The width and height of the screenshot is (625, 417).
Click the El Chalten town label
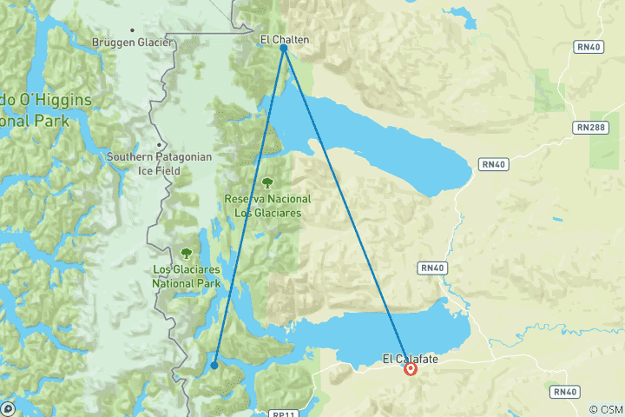[284, 39]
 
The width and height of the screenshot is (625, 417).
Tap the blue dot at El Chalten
[284, 49]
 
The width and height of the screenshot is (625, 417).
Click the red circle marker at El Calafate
[411, 369]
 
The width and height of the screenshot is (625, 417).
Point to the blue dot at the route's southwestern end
[214, 365]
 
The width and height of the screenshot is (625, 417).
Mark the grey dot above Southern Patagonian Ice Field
[159, 144]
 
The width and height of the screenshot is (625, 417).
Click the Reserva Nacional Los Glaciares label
[268, 204]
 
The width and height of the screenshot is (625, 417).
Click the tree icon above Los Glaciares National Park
[186, 254]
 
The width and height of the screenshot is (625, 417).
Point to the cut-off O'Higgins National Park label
[43, 110]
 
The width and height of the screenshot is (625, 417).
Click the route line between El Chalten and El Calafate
[347, 208]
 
